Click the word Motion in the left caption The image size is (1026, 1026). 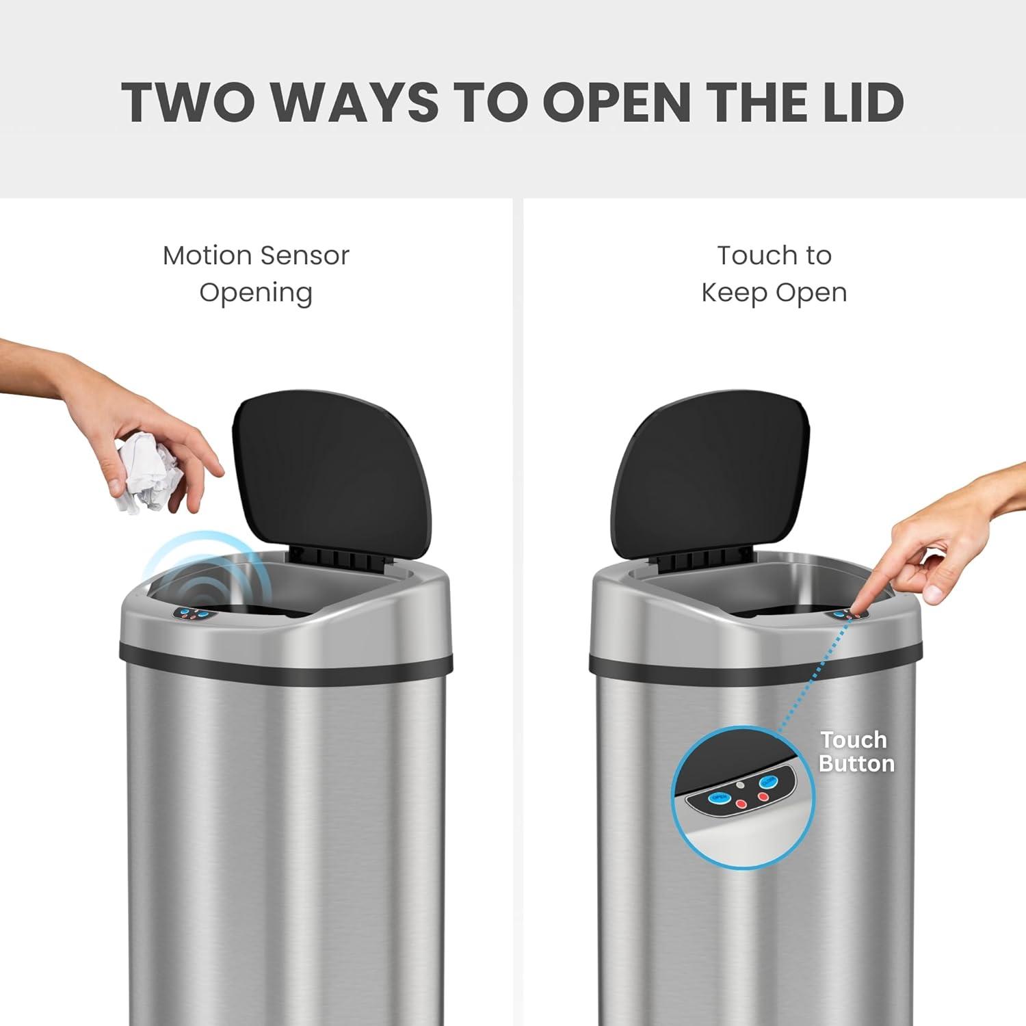pos(207,256)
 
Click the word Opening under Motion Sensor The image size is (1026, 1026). pos(256,293)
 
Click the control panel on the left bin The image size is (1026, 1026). pos(194,615)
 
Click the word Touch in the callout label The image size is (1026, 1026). pos(854,740)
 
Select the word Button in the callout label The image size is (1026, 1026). pos(856,764)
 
